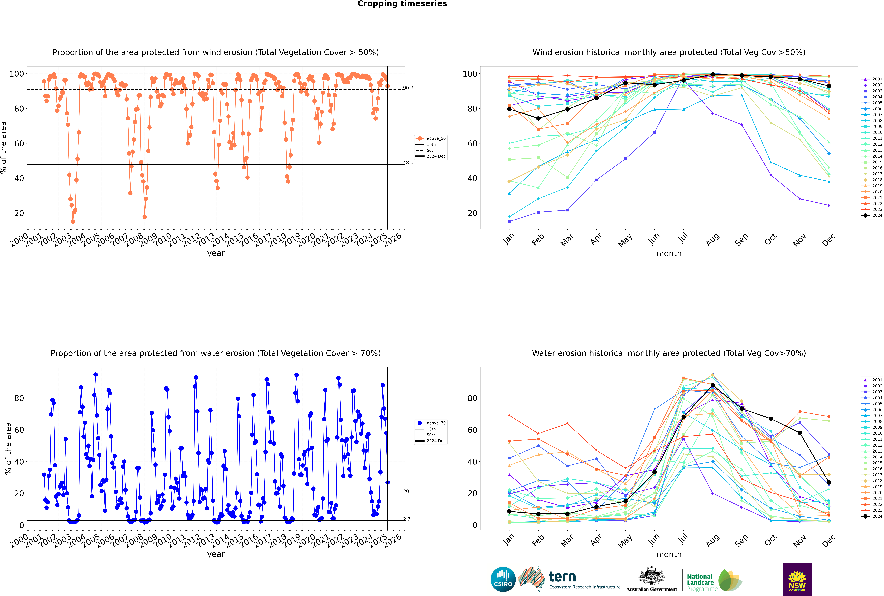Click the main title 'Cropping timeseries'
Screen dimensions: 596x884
tap(402, 4)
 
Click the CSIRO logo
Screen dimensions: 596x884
tap(503, 580)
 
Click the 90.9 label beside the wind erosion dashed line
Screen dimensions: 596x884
tap(408, 88)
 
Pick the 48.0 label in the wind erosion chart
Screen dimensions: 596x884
tap(408, 163)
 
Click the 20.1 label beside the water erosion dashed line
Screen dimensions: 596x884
tap(408, 491)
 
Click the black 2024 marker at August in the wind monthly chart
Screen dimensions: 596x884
tap(713, 75)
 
